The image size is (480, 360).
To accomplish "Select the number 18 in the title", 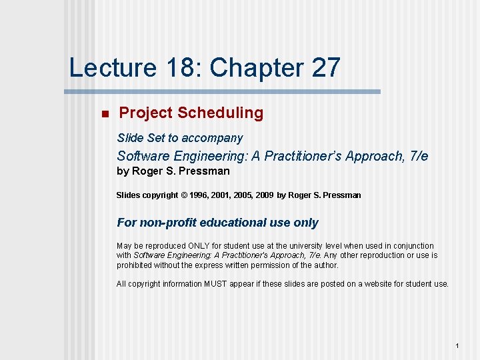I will point(176,68).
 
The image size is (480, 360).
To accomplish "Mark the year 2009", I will point(263,195).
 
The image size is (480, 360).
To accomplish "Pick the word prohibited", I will point(135,265).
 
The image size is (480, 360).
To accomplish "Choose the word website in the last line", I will point(376,284).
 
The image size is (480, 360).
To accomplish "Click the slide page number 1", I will point(457,346).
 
